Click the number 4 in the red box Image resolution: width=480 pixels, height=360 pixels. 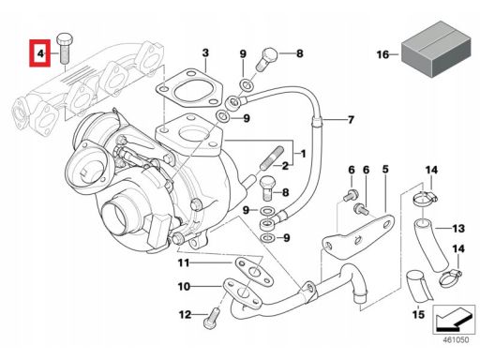click(x=40, y=53)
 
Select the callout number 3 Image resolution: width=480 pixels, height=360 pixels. click(x=205, y=52)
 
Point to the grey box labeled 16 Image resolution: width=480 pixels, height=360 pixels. click(x=436, y=49)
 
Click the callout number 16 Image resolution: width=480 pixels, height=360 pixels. click(x=382, y=54)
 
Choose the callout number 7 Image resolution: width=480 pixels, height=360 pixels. click(x=351, y=120)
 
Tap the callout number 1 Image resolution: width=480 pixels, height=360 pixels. click(x=303, y=154)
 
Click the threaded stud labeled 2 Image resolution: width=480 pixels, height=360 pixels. click(x=271, y=158)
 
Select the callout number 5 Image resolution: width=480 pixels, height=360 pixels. click(x=385, y=169)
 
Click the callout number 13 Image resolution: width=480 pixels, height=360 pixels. click(x=458, y=229)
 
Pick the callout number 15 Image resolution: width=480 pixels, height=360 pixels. click(x=418, y=314)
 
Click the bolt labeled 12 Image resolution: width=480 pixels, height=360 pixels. click(x=213, y=318)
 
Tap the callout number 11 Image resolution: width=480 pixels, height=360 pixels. click(x=184, y=262)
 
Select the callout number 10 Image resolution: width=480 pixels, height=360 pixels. click(x=184, y=286)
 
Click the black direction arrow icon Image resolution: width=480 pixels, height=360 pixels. click(x=454, y=320)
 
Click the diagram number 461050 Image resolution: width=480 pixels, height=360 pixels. click(x=456, y=340)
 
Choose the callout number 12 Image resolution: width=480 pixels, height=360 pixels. click(x=185, y=314)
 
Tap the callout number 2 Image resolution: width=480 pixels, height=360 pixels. click(x=285, y=166)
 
